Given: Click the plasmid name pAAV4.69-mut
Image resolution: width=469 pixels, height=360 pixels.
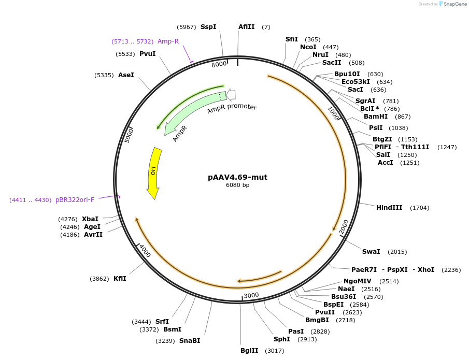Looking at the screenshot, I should pyautogui.click(x=237, y=177).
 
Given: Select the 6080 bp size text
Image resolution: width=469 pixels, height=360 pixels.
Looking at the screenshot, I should pyautogui.click(x=237, y=185).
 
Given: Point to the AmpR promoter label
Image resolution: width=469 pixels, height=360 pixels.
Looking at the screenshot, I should pyautogui.click(x=232, y=108).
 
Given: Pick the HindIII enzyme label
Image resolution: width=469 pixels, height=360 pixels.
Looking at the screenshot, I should pyautogui.click(x=389, y=208).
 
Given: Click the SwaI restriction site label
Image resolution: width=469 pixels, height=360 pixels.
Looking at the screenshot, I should pyautogui.click(x=371, y=252).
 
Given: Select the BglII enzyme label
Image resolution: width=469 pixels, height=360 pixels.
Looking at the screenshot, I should pyautogui.click(x=249, y=351).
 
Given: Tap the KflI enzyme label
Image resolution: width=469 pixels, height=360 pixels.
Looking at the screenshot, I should pyautogui.click(x=120, y=279).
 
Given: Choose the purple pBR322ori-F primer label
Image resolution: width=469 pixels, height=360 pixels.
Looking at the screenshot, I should pyautogui.click(x=75, y=200).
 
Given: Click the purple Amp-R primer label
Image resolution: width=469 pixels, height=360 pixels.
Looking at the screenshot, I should pyautogui.click(x=168, y=41).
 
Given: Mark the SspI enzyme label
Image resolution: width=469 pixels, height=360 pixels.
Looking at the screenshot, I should pyautogui.click(x=208, y=27).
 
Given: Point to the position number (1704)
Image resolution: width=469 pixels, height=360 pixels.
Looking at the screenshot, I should pyautogui.click(x=419, y=208).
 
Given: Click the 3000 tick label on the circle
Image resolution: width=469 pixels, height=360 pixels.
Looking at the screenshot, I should pyautogui.click(x=251, y=295).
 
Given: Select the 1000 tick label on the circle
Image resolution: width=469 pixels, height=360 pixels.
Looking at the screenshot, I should pyautogui.click(x=333, y=113).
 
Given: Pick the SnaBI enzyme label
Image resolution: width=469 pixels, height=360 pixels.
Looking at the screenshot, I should pyautogui.click(x=190, y=341).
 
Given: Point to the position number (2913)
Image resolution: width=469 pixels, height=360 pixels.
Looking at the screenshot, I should pyautogui.click(x=307, y=340).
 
